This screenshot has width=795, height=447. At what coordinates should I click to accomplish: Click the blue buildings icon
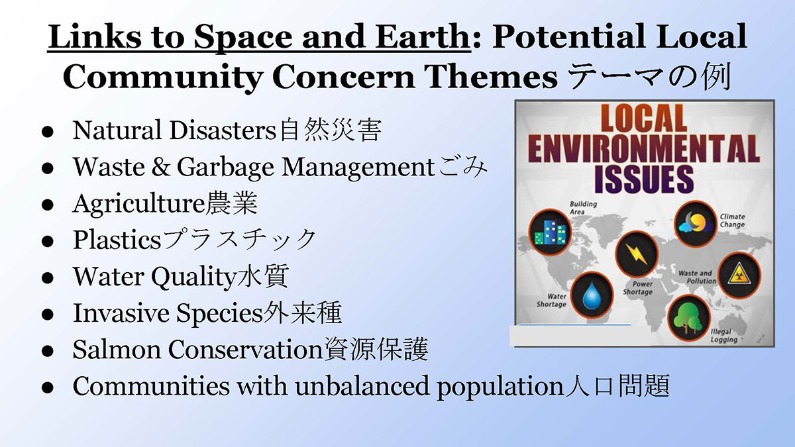(x=550, y=232)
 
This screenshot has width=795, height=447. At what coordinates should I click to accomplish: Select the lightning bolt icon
(x=637, y=254)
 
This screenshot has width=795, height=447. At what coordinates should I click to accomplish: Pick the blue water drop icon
(x=592, y=295)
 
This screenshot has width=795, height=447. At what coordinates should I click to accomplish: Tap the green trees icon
(x=688, y=318)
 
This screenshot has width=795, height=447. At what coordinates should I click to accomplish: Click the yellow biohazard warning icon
(x=739, y=275)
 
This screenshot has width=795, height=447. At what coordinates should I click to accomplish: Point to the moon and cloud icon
(x=695, y=224)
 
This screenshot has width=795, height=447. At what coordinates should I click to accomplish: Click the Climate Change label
(x=732, y=221)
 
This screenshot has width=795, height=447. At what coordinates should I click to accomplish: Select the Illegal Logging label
(x=724, y=336)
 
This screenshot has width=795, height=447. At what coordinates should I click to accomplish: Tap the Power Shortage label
(x=638, y=288)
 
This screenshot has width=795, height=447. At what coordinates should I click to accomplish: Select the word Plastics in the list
(x=117, y=240)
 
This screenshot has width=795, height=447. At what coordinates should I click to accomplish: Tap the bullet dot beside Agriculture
(x=48, y=205)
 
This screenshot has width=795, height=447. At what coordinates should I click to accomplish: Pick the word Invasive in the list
(x=121, y=313)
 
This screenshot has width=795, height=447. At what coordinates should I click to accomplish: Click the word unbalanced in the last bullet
(x=362, y=386)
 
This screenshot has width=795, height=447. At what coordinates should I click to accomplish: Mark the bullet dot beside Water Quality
(x=48, y=277)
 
